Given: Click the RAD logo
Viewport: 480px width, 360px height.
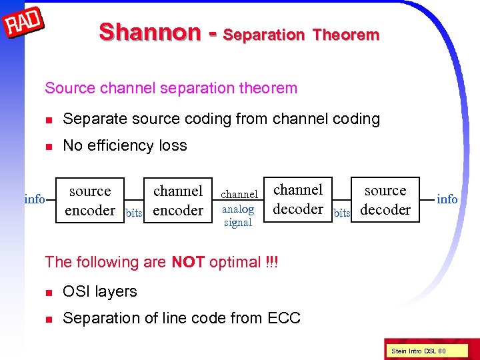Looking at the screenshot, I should pyautogui.click(x=25, y=26).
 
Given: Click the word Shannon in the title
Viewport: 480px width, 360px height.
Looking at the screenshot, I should pyautogui.click(x=149, y=32).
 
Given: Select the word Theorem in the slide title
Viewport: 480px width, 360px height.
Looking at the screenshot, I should pyautogui.click(x=345, y=35).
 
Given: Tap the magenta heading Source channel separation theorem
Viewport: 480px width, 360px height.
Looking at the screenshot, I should pyautogui.click(x=171, y=88).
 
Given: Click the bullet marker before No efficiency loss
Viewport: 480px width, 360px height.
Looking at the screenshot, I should pyautogui.click(x=48, y=146).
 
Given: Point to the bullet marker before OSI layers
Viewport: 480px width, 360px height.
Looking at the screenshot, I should pyautogui.click(x=48, y=292).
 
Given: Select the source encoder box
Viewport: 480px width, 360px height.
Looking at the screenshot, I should pyautogui.click(x=90, y=200).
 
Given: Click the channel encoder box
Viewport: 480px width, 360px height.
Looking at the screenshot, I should pyautogui.click(x=178, y=200).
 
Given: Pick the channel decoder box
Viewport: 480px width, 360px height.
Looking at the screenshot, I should pyautogui.click(x=298, y=199).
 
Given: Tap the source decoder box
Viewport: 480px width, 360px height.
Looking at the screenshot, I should pyautogui.click(x=385, y=199).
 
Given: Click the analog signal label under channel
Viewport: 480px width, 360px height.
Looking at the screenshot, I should pyautogui.click(x=238, y=216).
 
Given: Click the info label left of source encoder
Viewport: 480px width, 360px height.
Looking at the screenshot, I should pyautogui.click(x=35, y=199).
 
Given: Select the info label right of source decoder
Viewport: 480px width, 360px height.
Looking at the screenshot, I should pyautogui.click(x=447, y=199).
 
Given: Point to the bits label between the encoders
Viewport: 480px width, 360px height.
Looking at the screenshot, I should pyautogui.click(x=134, y=213).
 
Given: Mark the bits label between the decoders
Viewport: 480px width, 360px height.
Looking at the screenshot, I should pyautogui.click(x=342, y=213).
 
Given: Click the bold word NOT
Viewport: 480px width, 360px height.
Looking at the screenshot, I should pyautogui.click(x=188, y=262).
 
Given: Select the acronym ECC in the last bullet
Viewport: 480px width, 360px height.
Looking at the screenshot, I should pyautogui.click(x=285, y=319).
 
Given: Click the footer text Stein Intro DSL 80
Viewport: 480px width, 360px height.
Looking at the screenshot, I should pyautogui.click(x=419, y=351).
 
